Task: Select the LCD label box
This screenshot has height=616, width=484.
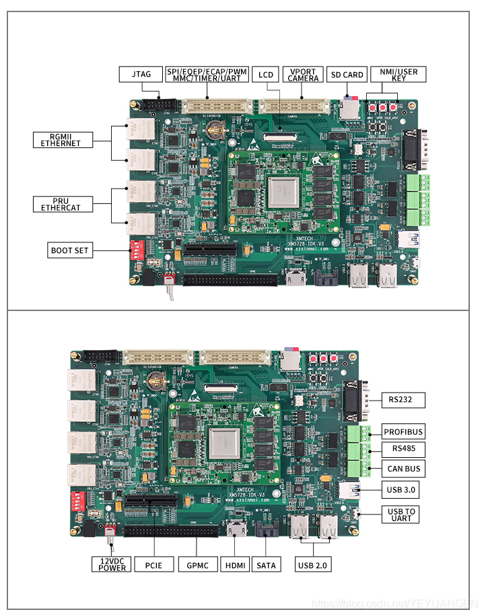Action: pos(266,74)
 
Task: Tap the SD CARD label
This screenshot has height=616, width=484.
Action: pos(347,74)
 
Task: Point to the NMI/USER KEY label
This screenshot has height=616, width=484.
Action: pos(398,74)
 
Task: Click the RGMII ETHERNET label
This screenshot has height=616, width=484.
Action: pos(60,139)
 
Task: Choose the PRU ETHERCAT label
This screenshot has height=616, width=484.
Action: pos(60,204)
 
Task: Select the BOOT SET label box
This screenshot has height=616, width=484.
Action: pos(69,250)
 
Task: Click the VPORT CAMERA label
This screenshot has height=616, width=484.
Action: pos(302,74)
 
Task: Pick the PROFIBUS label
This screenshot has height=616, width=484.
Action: pos(403,432)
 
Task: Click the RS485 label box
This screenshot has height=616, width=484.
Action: pos(403,449)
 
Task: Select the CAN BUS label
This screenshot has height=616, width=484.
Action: pos(403,469)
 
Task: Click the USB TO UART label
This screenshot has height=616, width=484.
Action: pos(401,514)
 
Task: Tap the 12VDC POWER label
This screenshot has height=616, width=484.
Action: pos(112,563)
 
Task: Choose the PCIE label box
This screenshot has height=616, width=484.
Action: pos(154,564)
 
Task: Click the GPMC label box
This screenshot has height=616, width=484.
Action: pos(198,564)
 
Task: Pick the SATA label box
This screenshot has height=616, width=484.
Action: pos(267,564)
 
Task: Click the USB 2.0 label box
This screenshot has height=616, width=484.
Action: pos(313,564)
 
